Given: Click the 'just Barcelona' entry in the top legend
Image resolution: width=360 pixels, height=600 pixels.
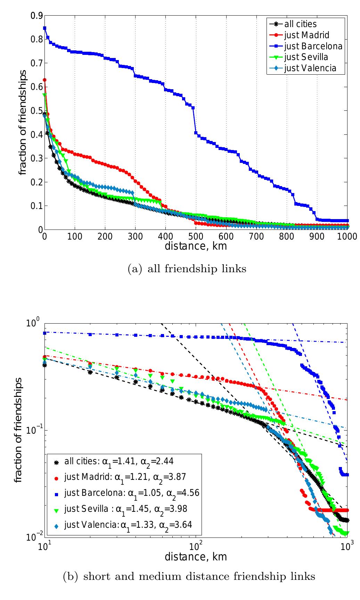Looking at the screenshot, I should (313, 46).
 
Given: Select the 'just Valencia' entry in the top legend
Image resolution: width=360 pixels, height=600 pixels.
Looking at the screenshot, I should (310, 68).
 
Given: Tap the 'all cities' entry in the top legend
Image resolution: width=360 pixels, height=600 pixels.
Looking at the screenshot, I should (300, 24).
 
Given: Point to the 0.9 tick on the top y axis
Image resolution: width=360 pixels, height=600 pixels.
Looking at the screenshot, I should (36, 16).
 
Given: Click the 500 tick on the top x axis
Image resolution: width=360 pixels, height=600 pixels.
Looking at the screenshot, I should (196, 237).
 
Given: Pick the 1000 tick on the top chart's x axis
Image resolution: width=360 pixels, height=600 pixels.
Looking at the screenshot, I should (347, 237).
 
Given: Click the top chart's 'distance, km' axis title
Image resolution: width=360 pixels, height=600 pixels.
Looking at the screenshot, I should (196, 246).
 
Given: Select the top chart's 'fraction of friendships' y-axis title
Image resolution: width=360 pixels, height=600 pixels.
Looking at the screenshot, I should (23, 123).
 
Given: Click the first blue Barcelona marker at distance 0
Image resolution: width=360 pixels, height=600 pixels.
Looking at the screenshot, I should (44, 28).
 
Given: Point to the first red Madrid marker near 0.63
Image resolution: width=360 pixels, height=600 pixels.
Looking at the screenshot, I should (44, 80).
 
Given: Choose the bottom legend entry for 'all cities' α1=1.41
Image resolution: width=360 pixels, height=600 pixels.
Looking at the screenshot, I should (118, 462).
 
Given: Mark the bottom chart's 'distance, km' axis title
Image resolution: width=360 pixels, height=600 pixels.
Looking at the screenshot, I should (196, 557).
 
